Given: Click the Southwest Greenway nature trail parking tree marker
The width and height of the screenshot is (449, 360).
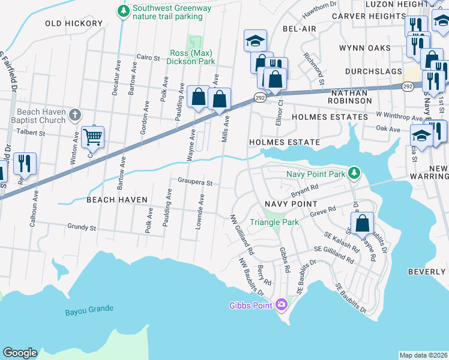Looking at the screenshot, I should [124, 11].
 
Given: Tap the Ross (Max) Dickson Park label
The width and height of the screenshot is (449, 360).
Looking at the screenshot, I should [192, 57].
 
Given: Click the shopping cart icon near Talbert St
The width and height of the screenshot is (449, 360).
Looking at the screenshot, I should [92, 137].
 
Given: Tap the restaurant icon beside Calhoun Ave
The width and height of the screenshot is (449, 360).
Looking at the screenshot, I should [25, 163].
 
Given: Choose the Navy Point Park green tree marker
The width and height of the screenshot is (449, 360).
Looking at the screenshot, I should [355, 173].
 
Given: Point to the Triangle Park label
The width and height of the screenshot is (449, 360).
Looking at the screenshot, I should [274, 221].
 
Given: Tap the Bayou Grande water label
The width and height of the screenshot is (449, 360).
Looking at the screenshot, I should [89, 309].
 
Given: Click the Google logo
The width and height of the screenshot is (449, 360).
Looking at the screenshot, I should [20, 353].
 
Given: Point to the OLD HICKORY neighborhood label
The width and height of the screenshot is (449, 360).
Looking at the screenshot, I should [74, 23].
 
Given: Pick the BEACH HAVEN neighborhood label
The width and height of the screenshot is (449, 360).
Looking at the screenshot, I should [116, 199].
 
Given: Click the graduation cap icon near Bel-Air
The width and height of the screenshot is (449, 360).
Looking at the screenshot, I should [255, 41].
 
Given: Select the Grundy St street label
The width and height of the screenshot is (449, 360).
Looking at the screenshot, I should [82, 228].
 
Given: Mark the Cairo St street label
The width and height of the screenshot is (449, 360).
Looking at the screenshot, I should [148, 58].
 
